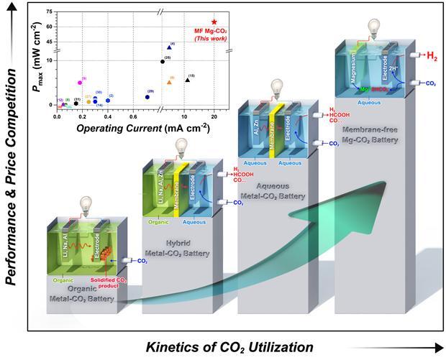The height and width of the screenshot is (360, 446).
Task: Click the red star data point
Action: pyautogui.click(x=214, y=22)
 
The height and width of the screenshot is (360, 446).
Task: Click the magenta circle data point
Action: pyautogui.click(x=81, y=83)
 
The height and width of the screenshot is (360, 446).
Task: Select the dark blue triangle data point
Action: pyautogui.click(x=169, y=47)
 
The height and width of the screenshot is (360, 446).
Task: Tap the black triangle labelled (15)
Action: pyautogui.click(x=187, y=80)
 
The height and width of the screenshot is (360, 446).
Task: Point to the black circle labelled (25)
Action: pyautogui.click(x=163, y=61)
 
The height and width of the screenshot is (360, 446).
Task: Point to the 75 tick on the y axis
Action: pyautogui.click(x=49, y=11)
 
